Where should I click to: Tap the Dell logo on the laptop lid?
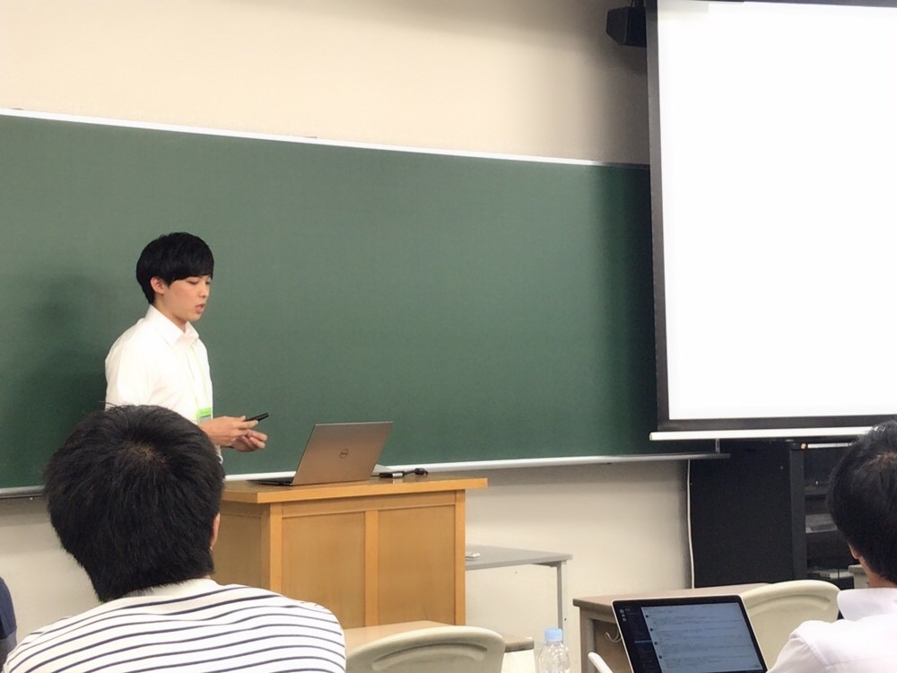point(342,452)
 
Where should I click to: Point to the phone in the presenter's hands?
point(257,417)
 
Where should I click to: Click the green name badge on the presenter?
point(205,413)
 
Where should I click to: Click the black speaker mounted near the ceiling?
point(626,25)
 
